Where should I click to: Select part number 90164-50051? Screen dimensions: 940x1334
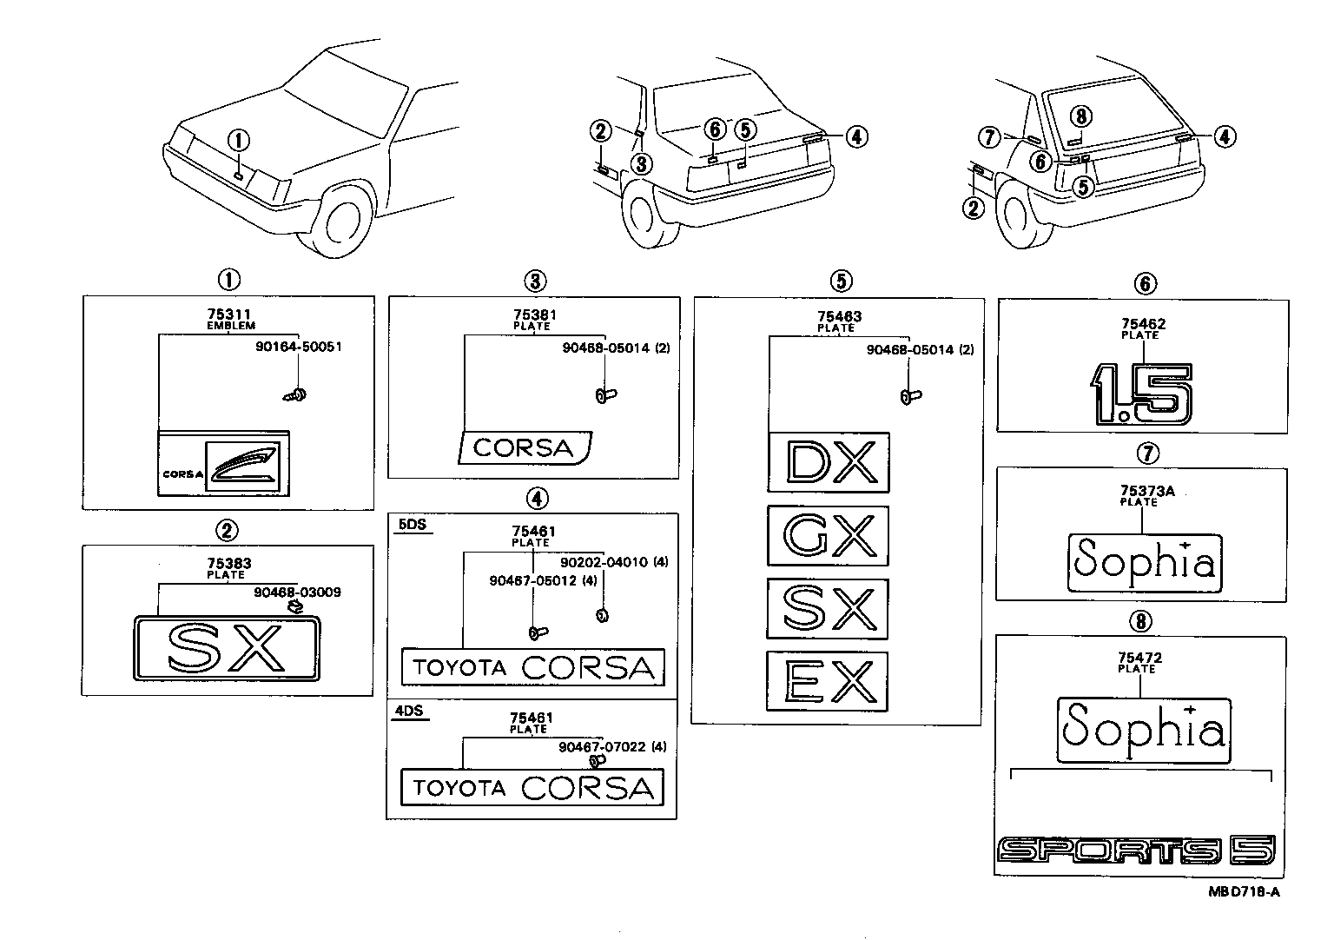[298, 346]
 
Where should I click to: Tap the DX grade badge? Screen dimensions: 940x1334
[828, 462]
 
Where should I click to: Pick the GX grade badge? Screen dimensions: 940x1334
[828, 536]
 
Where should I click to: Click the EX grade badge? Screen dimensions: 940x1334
[827, 681]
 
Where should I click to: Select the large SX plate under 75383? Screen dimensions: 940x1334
[227, 647]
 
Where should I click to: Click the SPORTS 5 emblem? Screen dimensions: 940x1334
[1136, 851]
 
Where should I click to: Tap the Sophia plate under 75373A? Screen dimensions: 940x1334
[1143, 562]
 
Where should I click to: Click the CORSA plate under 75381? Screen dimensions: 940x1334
[525, 447]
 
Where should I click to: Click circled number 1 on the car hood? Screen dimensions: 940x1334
[239, 140]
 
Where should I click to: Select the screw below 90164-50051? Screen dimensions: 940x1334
[294, 395]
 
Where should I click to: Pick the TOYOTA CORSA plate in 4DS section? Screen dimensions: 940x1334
[532, 788]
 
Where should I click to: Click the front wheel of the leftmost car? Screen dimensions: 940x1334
[345, 220]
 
